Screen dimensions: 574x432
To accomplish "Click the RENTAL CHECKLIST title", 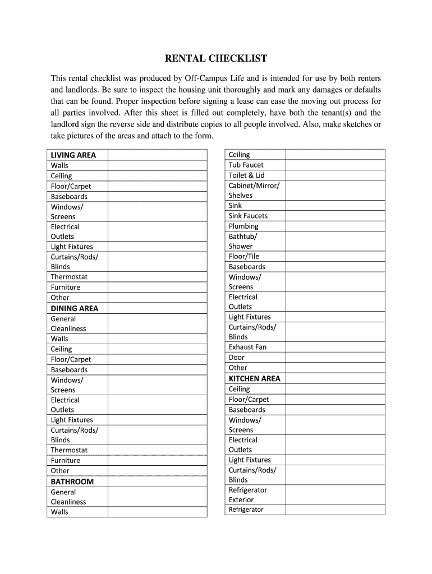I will tap(215, 58).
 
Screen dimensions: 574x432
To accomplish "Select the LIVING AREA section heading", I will tap(73, 155).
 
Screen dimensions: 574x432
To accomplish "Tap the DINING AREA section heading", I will tap(74, 308).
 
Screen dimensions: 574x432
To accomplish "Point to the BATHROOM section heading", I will tap(72, 482).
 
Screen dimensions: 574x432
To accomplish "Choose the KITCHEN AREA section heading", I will tap(254, 378).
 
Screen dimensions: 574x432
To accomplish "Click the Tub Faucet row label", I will tap(246, 165).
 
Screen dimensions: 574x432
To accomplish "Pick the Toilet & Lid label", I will tap(246, 175).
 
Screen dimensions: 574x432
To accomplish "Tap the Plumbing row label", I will tap(243, 226).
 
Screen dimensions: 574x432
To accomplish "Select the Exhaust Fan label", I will tap(247, 347).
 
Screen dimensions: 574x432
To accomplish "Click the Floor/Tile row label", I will tap(244, 256).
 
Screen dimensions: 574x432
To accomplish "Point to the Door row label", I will tap(237, 357).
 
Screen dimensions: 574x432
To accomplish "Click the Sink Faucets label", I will tap(248, 216).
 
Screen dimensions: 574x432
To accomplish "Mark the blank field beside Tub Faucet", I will tap(335, 165).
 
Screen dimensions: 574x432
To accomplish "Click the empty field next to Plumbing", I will tap(335, 226).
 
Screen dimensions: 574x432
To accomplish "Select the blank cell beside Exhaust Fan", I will tap(335, 347).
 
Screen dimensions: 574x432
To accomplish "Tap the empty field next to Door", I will tap(335, 357).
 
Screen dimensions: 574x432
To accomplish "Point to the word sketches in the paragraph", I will tap(353, 124).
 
